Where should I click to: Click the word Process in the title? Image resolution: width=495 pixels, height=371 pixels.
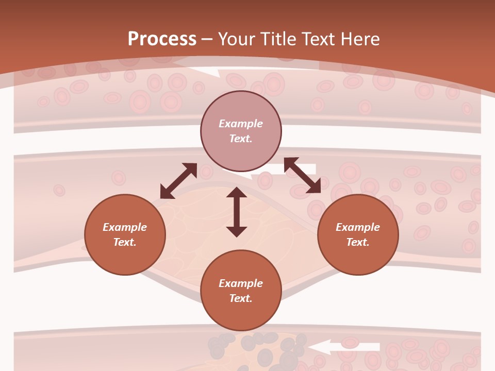(162, 39)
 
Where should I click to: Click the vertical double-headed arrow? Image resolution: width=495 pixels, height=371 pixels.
(237, 212)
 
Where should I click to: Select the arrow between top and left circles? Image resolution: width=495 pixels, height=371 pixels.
(178, 181)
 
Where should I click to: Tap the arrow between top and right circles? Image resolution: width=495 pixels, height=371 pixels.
(302, 176)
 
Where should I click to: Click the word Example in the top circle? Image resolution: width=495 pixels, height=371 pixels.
(241, 124)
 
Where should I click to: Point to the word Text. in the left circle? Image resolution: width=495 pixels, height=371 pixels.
(125, 242)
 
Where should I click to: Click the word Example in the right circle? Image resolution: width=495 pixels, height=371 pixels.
(358, 227)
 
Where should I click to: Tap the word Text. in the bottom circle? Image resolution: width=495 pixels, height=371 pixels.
(241, 298)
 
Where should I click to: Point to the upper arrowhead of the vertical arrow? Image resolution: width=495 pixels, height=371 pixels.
(237, 193)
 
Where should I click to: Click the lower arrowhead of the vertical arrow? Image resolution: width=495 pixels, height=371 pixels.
(237, 231)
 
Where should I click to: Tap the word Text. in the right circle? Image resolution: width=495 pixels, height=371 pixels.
(358, 242)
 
